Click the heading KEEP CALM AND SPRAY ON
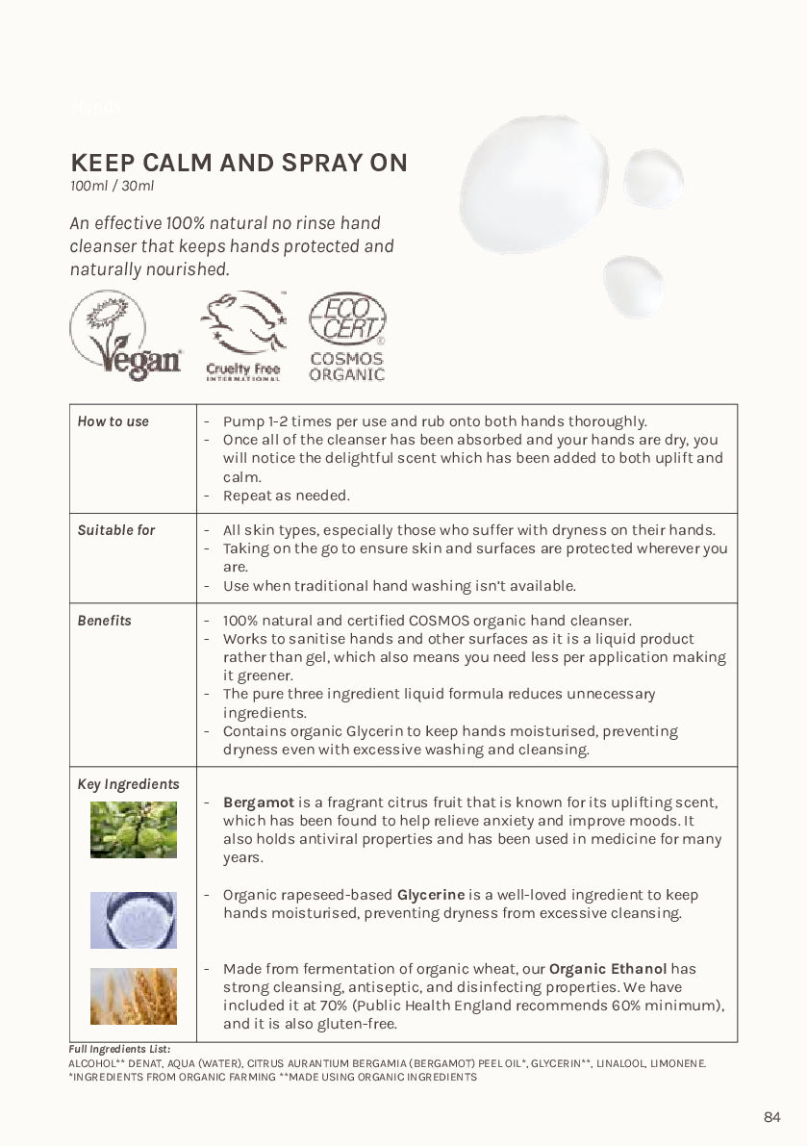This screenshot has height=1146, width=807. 239,163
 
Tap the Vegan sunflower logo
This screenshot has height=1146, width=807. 125,337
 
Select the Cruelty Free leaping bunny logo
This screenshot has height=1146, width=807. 243,336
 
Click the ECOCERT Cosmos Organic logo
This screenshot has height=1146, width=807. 347,337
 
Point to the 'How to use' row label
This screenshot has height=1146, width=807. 113,421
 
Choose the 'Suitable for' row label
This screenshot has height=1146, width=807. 116,530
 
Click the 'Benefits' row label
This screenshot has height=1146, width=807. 105,621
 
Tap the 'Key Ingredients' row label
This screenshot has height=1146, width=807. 128,784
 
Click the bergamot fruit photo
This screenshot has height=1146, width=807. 134,829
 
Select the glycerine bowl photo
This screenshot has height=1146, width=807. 134,920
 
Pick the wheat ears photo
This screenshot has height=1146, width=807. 134,996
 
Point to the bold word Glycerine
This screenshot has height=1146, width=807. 431,895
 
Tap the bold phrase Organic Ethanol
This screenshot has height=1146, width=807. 609,969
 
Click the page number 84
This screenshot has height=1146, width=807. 772,1117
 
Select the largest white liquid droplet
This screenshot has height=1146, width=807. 534,184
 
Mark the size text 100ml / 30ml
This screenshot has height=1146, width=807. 112,186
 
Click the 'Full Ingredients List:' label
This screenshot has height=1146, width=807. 119,1048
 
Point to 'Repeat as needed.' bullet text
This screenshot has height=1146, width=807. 286,496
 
